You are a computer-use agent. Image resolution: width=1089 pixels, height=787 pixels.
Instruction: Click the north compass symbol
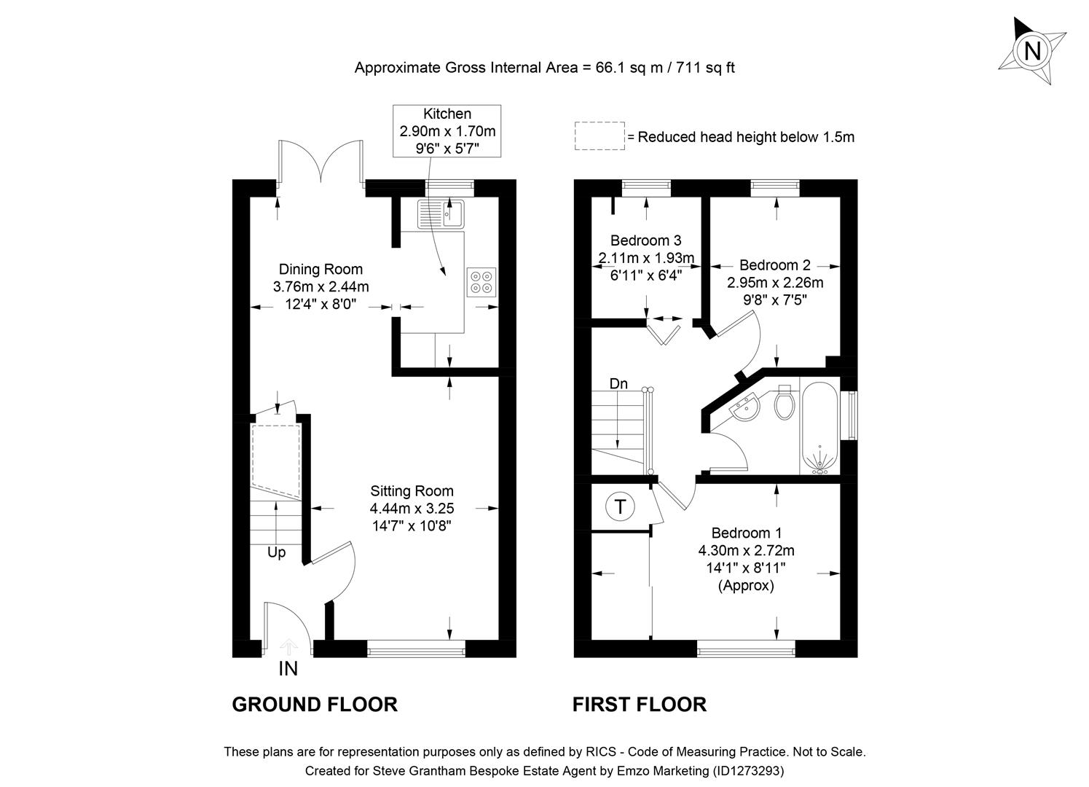click(1031, 51)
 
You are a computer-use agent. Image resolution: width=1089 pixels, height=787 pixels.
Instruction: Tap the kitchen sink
click(441, 214)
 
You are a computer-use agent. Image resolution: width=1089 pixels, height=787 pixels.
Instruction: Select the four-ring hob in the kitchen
click(481, 282)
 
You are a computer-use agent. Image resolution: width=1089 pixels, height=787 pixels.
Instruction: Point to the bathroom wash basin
click(747, 410)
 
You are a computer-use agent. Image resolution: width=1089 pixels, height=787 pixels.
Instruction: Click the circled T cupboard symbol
click(620, 506)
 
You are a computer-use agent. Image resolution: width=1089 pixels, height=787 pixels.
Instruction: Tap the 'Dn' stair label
click(618, 383)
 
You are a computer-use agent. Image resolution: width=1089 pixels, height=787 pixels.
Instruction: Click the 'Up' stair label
click(276, 552)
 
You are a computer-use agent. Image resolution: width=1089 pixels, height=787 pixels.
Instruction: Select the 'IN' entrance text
click(288, 668)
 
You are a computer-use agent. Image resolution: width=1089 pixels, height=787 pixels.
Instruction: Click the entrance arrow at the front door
click(289, 645)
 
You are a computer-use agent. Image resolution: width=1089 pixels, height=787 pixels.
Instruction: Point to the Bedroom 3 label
click(646, 240)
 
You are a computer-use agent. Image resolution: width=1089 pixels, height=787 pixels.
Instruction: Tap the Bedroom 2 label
click(774, 265)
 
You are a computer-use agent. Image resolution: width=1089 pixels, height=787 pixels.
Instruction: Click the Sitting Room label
click(412, 491)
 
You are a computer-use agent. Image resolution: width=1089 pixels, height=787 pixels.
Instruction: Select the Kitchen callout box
click(447, 131)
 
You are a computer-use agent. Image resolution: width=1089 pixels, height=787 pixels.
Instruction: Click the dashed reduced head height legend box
click(599, 136)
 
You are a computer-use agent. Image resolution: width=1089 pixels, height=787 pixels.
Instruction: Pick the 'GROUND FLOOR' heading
click(314, 705)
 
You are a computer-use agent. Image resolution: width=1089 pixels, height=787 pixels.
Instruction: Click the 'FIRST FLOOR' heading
click(639, 705)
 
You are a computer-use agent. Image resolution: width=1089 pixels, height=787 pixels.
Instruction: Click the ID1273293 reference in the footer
click(748, 770)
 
